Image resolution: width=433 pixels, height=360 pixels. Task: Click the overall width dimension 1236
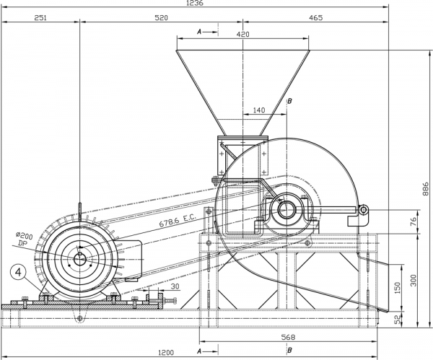click(195, 3)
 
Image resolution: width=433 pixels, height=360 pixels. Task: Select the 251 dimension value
click(40, 18)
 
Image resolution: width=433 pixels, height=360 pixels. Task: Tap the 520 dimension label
click(161, 18)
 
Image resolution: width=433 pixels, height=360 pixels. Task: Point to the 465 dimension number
click(315, 18)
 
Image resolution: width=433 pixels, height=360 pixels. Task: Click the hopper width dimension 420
click(243, 34)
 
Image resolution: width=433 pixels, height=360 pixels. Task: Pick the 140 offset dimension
click(259, 110)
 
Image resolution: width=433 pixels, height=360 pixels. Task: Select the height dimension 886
click(426, 188)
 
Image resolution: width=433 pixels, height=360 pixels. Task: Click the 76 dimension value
click(413, 221)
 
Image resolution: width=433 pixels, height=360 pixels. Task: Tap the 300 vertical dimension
click(413, 280)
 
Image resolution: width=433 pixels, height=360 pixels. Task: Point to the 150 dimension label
click(398, 288)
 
